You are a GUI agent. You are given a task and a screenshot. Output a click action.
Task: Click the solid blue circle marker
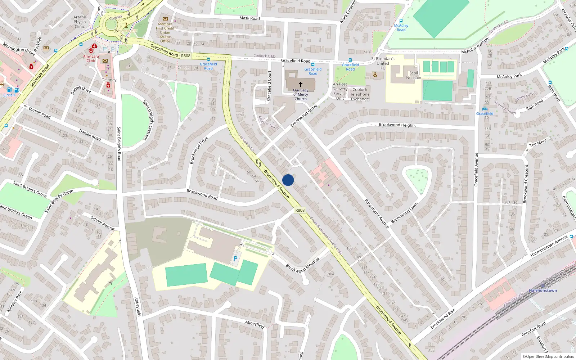coord(288,180)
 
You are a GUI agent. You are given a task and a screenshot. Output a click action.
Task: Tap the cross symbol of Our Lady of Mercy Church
coord(301,84)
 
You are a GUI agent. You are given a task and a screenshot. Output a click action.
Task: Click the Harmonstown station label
coord(543,291)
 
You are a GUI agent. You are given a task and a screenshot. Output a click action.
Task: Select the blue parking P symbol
coord(235,258)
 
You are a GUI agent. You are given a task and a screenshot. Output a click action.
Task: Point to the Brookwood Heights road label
coord(397,125)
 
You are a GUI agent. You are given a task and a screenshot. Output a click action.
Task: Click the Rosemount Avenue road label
coord(377,213)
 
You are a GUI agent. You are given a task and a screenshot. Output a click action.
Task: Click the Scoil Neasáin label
coord(414,75)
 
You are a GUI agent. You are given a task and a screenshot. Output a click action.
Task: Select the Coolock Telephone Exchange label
coord(360,94)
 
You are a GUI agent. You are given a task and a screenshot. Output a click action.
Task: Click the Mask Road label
coord(249,18)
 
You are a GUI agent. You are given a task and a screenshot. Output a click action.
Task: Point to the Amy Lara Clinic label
coord(91,58)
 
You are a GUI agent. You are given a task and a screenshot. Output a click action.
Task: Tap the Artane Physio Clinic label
coord(80,22)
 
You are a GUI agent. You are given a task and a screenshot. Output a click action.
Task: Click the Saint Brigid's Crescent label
coord(150,120)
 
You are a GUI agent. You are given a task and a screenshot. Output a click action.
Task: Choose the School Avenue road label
coord(103,223)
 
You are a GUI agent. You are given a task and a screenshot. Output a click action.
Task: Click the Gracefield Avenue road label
coord(476,169)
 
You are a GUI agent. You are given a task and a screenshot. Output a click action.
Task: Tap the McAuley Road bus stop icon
coord(401,21)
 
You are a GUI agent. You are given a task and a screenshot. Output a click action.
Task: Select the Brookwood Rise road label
coord(443,319)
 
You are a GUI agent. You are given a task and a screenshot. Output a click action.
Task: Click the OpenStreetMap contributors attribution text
coord(548,356)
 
